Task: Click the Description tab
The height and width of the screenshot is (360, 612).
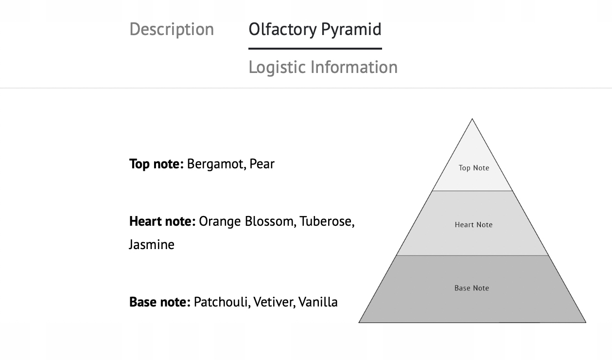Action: point(172,29)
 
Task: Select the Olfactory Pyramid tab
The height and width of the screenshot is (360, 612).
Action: point(315,29)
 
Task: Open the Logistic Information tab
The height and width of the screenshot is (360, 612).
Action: point(323,67)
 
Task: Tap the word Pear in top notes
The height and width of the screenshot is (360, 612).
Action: point(262,164)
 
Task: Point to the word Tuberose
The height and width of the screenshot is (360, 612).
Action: point(326,221)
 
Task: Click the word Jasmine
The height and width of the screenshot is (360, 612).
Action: point(152,244)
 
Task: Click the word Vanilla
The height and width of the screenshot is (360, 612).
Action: point(318,302)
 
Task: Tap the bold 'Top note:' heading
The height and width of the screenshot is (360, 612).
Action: point(157,164)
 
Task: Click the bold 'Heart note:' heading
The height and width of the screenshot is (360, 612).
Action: point(162,221)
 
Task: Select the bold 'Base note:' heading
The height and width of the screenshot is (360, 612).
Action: point(160,302)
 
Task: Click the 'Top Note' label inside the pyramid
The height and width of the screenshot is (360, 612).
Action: point(474,168)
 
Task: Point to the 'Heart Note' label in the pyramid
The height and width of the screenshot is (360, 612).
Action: point(473,225)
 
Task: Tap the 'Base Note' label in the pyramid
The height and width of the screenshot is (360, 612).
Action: point(472,288)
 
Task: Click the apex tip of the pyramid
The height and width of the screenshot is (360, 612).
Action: point(472,119)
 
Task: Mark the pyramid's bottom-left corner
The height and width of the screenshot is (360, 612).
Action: point(359,322)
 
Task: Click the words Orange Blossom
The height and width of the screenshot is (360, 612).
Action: point(246,221)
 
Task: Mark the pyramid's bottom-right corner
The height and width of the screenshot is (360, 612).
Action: point(585,322)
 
